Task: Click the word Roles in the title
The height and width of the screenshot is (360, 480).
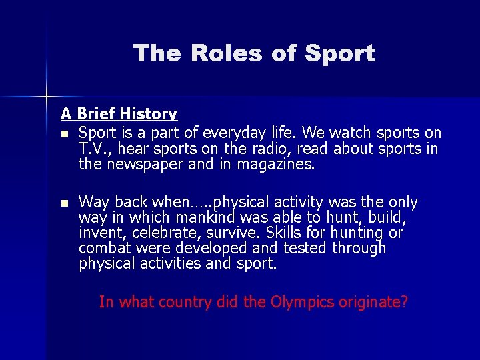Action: coord(219,53)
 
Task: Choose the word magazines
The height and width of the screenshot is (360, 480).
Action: coord(273,163)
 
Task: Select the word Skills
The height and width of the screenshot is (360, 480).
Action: coord(283,233)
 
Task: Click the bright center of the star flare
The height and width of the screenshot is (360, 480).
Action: coord(47,97)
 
